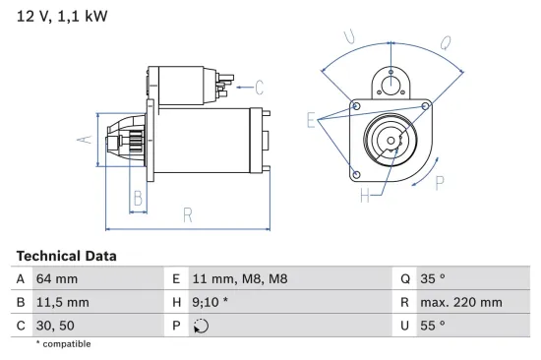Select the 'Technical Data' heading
click(66, 256)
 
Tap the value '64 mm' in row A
click(56, 278)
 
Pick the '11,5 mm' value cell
click(62, 302)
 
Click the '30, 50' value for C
click(55, 326)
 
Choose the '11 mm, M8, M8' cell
click(240, 278)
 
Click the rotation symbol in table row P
click(202, 326)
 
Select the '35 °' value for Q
click(432, 278)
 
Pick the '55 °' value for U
click(432, 326)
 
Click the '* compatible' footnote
click(63, 344)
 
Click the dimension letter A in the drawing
click(86, 140)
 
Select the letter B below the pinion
click(138, 199)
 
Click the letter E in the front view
click(311, 121)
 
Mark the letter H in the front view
click(365, 197)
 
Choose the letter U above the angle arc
click(349, 37)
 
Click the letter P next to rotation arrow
click(440, 181)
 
